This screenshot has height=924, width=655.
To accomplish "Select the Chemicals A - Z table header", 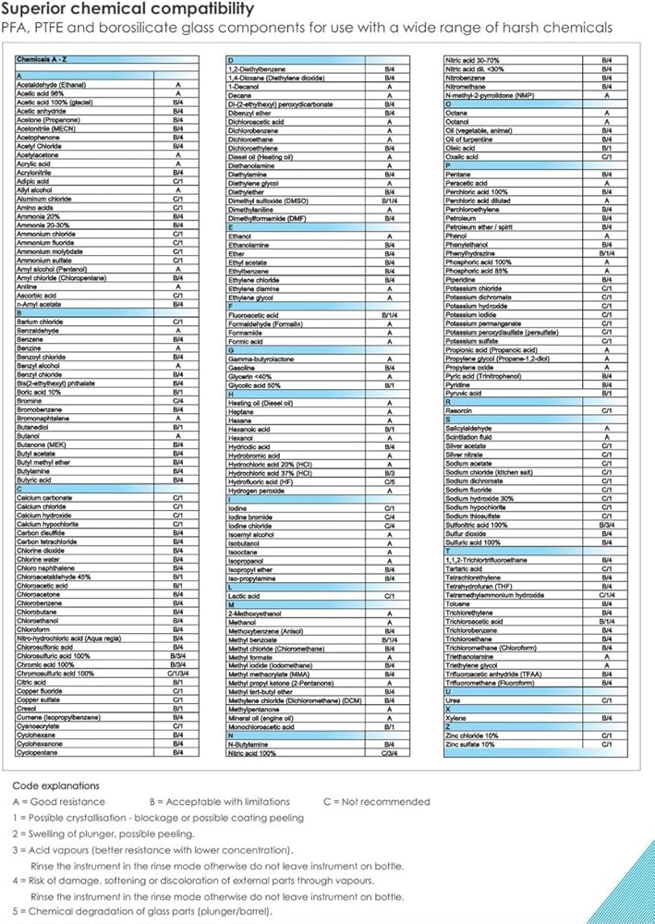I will pos(46,59).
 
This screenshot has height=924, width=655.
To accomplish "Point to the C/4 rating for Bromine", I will pos(177,401).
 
